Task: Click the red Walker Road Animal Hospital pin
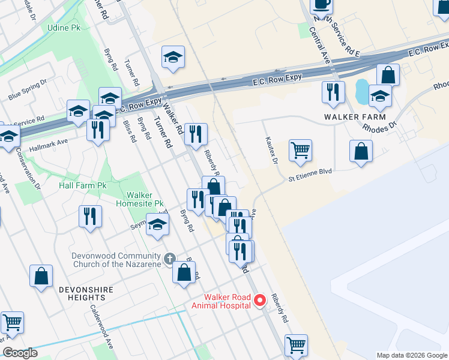tap(260, 300)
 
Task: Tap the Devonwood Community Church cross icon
tap(170, 259)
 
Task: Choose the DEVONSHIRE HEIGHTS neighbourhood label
tap(83, 293)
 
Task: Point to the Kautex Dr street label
tap(271, 150)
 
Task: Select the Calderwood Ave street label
tap(101, 325)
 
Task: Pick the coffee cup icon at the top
tap(321, 4)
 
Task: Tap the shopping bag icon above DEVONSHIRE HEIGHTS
tap(41, 277)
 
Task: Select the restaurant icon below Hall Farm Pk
tap(90, 216)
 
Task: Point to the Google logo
tap(20, 353)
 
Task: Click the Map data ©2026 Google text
tap(411, 355)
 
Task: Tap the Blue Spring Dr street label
tap(27, 91)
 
